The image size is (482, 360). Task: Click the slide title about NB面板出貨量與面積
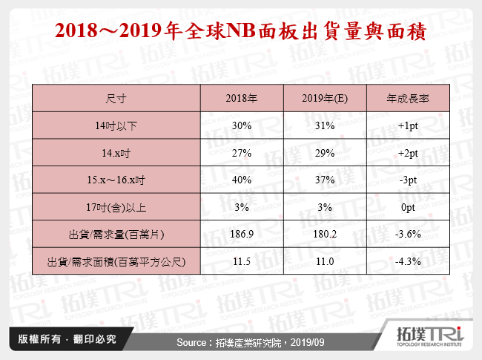[x=241, y=32]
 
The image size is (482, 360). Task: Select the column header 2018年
[x=241, y=99]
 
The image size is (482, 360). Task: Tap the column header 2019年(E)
[x=325, y=99]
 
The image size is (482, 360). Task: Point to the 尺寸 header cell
[x=116, y=99]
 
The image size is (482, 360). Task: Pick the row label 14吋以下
[x=116, y=126]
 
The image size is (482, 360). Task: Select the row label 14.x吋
[x=116, y=153]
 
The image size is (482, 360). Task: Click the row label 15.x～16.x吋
[x=116, y=180]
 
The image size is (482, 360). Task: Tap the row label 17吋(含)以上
[x=116, y=208]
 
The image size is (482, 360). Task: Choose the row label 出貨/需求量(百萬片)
[x=116, y=235]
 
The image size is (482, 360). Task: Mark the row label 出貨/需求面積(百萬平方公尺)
[x=116, y=262]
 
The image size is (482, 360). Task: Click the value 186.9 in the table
[x=241, y=235]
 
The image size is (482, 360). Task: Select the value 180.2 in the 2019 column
[x=325, y=235]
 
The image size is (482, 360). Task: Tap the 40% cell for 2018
[x=241, y=180]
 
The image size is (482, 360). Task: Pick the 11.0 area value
[x=325, y=262]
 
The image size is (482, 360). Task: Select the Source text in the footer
[x=241, y=342]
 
